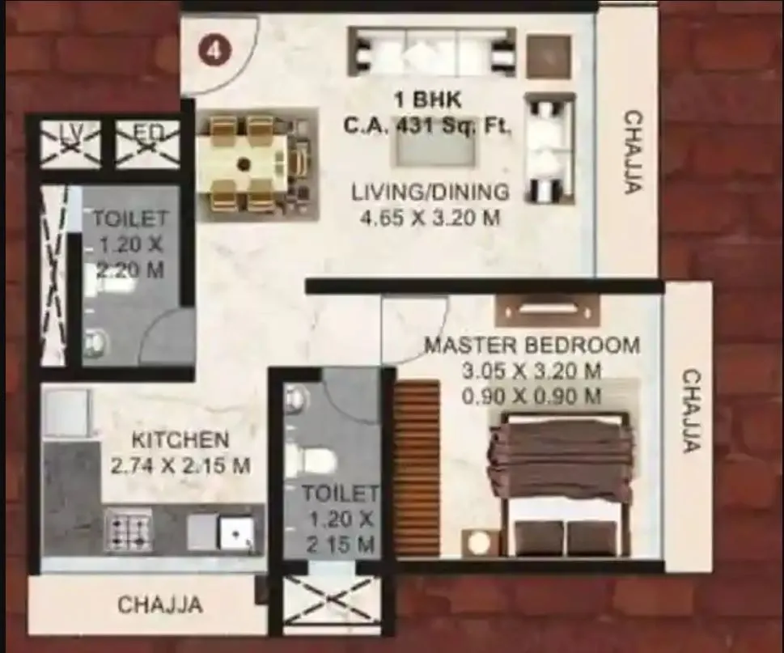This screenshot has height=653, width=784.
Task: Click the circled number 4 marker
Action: (214, 50)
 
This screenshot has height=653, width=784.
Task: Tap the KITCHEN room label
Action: (180, 441)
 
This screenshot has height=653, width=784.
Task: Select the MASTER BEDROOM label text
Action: (532, 346)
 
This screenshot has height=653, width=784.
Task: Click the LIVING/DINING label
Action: (430, 193)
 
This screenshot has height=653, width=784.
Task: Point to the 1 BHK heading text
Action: (427, 100)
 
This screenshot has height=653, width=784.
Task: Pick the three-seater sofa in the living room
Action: (431, 50)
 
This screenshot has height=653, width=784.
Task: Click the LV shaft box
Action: (70, 143)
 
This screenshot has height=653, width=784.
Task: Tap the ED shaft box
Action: (146, 143)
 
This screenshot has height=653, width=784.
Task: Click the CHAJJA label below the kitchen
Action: (159, 605)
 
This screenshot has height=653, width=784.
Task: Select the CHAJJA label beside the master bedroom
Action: (690, 410)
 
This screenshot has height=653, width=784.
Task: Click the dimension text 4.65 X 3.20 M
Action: (430, 217)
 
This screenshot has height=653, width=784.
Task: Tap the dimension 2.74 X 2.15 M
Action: (180, 466)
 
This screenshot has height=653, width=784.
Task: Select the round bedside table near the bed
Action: (481, 541)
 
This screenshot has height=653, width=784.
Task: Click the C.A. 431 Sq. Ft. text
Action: (427, 125)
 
